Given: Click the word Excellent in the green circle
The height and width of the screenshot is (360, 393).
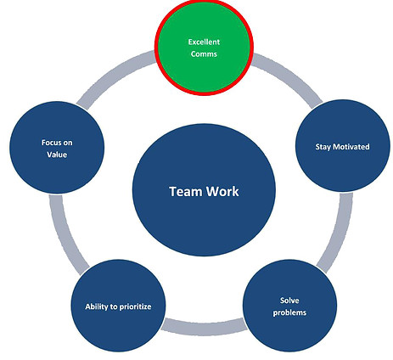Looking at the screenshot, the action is click(204, 42).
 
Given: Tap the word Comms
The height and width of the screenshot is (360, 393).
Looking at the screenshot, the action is click(204, 53).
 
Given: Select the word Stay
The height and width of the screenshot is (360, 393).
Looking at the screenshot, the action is click(323, 147).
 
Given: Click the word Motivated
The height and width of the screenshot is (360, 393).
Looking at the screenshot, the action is click(351, 147).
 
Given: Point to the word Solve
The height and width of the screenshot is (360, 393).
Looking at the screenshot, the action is click(289, 301).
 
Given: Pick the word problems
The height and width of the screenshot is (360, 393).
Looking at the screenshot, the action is click(289, 312).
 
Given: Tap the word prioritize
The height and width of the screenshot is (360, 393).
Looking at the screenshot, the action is click(135, 307).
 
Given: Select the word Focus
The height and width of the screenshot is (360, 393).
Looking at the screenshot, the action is click(51, 143).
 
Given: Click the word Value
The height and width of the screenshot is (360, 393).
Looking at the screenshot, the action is click(57, 155).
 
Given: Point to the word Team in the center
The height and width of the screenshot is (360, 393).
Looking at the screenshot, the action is click(185, 192).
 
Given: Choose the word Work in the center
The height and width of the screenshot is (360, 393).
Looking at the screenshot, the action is click(222, 192).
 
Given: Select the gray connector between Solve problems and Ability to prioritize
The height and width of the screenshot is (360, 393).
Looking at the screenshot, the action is click(205, 328).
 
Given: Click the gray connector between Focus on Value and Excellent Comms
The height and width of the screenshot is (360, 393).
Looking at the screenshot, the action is click(112, 76).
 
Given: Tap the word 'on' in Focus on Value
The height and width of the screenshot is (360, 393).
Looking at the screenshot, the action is click(68, 143).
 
